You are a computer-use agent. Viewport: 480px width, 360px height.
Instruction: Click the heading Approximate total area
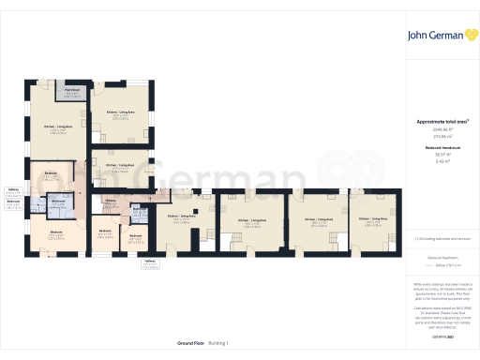(442, 122)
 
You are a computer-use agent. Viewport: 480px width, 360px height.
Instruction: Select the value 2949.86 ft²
(442, 129)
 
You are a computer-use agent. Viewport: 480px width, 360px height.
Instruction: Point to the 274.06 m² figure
(442, 135)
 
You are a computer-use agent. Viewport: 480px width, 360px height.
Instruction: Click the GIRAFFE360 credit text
(442, 308)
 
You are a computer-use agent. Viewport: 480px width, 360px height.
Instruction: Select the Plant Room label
(72, 90)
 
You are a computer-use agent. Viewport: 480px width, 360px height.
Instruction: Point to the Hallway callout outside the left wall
(13, 190)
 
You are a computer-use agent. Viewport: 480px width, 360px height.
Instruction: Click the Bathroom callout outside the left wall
(13, 202)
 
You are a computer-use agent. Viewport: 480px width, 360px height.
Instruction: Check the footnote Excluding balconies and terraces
(442, 240)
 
